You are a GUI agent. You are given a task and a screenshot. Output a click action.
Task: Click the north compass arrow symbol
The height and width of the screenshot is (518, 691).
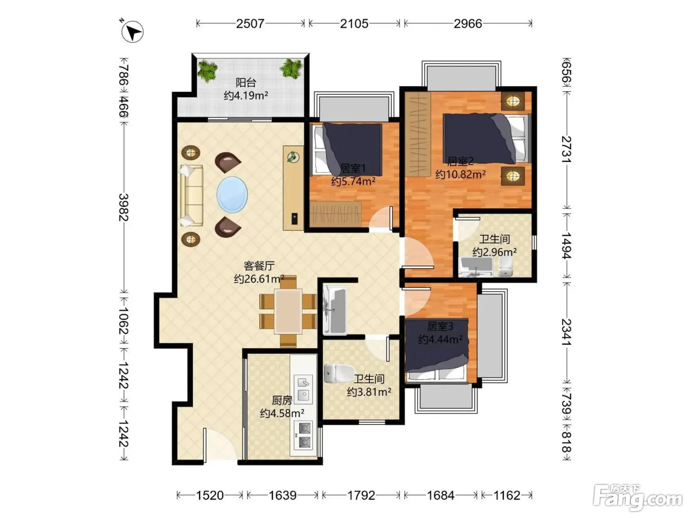132,32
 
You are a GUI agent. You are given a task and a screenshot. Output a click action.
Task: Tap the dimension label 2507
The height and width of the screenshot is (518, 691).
250,24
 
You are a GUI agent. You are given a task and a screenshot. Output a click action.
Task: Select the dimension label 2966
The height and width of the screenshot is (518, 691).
467,24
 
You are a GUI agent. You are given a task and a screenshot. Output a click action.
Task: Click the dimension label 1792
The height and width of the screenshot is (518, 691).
361,495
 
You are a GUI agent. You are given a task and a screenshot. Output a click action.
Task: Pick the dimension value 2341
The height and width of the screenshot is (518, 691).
567,332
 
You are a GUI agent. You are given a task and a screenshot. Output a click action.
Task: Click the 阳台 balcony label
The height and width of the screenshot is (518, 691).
246,82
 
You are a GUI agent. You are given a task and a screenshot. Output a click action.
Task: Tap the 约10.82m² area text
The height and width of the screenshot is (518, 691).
460,174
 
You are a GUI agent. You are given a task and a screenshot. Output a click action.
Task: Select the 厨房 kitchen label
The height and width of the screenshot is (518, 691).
282,400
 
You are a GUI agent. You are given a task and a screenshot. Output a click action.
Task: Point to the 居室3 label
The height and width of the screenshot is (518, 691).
440,327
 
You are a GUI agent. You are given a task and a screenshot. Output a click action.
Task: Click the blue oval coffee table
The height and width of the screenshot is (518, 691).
232,194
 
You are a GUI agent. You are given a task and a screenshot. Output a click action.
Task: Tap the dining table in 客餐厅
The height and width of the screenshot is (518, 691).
288,311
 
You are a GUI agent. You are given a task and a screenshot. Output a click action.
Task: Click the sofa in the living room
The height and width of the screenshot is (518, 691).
192,195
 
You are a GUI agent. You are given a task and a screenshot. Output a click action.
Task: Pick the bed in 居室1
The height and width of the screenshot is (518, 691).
347,149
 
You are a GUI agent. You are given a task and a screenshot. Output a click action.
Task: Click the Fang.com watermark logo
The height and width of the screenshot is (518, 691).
638,498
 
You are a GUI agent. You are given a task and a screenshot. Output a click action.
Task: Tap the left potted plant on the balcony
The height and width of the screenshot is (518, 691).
207,70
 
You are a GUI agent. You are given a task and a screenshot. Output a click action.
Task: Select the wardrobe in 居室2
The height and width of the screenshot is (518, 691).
418,134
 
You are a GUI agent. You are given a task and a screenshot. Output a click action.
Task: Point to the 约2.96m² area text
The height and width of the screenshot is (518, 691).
495,252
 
